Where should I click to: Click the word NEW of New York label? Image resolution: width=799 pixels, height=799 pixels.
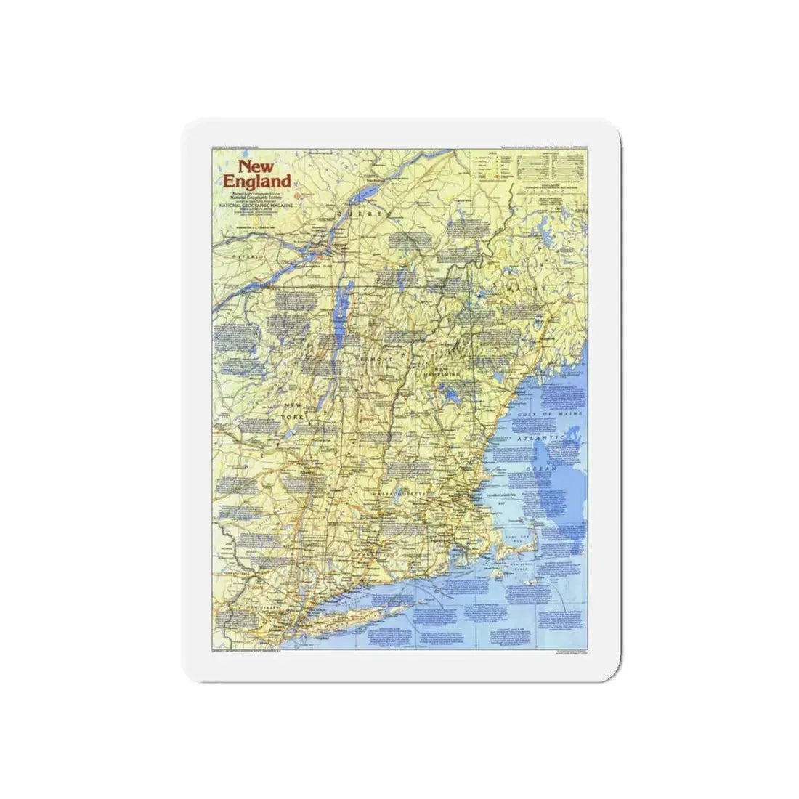click(293, 405)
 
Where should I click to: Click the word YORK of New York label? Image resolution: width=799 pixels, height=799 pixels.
click(299, 416)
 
